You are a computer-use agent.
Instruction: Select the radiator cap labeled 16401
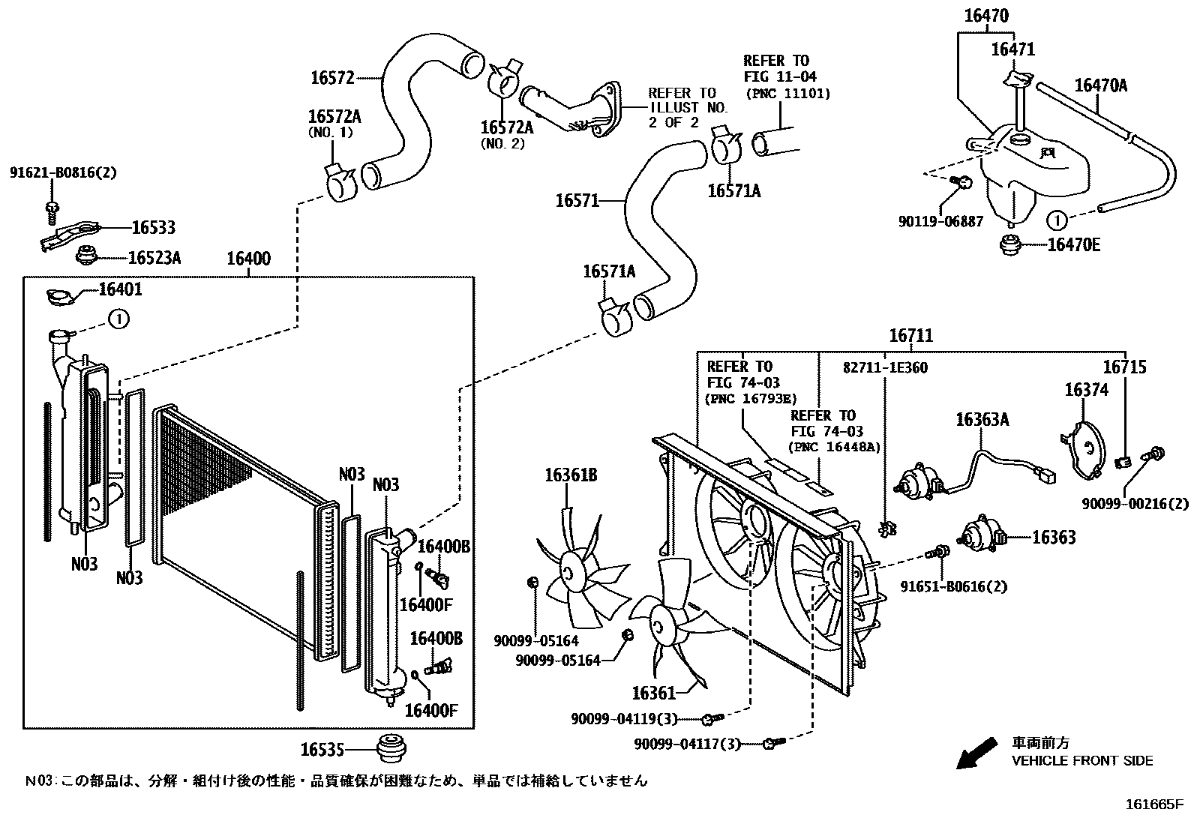pyautogui.click(x=61, y=298)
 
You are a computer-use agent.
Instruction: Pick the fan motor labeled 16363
pyautogui.click(x=979, y=536)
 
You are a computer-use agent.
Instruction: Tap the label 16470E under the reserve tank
pyautogui.click(x=1074, y=245)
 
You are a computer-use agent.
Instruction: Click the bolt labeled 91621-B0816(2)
pyautogui.click(x=52, y=207)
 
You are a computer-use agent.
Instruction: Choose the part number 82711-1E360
pyautogui.click(x=885, y=368)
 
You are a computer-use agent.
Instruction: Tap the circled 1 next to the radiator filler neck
pyautogui.click(x=119, y=319)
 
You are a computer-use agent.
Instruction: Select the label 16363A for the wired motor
pyautogui.click(x=982, y=420)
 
